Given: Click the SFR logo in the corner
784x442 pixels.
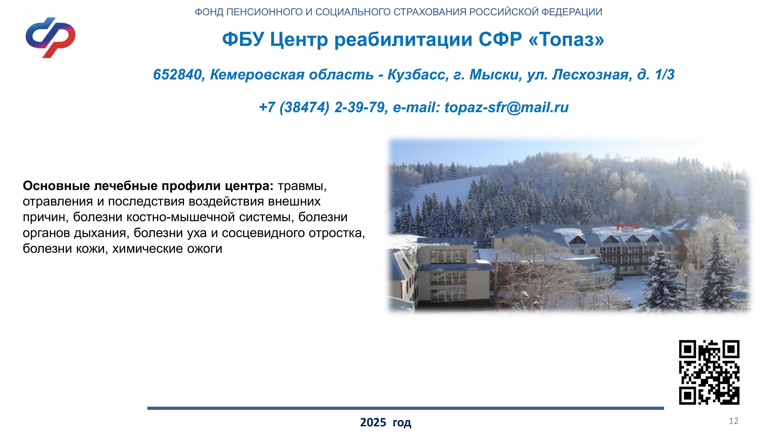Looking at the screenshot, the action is [50, 38].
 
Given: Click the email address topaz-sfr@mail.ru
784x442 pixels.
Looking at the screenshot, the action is [506, 107].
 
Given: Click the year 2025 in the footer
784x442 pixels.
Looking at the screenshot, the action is [373, 423].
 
